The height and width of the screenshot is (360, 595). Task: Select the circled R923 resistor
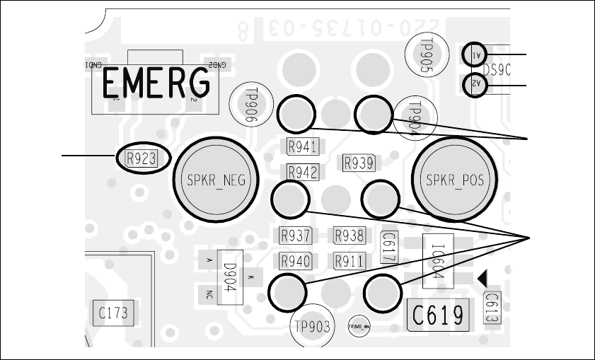point(141,158)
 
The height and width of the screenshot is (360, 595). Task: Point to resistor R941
point(302,147)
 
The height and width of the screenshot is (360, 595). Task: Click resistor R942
point(302,172)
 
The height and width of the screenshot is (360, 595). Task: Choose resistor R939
point(358,163)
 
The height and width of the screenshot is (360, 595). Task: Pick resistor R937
point(296,236)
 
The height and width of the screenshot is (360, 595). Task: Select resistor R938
point(350,236)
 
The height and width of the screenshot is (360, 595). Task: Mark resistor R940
point(296,261)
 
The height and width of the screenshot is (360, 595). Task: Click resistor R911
point(350,261)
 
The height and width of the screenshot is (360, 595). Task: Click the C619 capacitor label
point(438,313)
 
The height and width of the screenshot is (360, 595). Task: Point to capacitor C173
point(113,312)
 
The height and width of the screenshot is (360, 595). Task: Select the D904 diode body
point(230,277)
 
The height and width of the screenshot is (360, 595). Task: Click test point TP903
point(311,327)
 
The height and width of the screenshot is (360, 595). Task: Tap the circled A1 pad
point(475,54)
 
